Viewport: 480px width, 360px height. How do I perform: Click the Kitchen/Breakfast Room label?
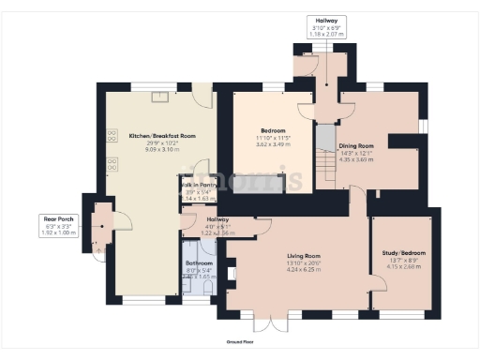tap(162, 136)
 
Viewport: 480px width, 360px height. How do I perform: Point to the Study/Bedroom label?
tap(401, 252)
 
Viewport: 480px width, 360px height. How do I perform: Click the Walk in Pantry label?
tap(197, 186)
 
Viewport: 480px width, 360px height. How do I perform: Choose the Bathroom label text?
tap(199, 263)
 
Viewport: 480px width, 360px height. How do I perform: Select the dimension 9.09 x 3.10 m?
tap(162, 149)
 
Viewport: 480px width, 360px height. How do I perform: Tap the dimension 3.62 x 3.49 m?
tap(273, 143)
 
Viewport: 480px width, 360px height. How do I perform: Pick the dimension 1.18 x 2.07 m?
tap(327, 34)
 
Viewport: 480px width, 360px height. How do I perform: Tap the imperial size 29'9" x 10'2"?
tap(162, 142)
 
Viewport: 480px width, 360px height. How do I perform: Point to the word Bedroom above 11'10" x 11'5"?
tap(273, 130)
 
